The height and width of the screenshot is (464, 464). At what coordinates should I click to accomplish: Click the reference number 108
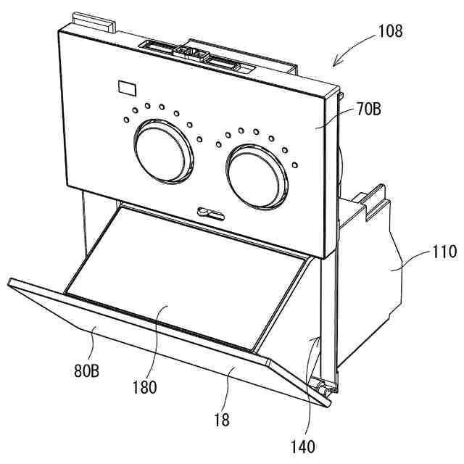click(389, 31)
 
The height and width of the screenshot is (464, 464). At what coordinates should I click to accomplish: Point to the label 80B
click(86, 373)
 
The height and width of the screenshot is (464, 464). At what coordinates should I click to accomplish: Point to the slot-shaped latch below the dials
click(210, 212)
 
